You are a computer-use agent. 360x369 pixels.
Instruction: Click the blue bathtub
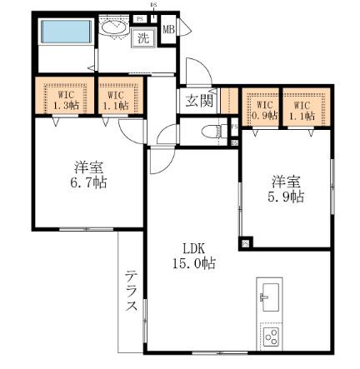pos(64,34)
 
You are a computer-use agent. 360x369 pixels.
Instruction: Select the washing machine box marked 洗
pos(143,37)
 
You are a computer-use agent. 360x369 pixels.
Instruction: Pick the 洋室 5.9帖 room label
pos(285,188)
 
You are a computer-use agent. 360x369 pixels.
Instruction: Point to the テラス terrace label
pos(132,292)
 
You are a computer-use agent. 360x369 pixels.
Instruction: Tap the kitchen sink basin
pos(271,295)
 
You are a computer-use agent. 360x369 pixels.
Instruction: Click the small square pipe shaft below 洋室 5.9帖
pos(247,242)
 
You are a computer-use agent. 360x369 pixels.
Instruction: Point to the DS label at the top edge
pos(154,6)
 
